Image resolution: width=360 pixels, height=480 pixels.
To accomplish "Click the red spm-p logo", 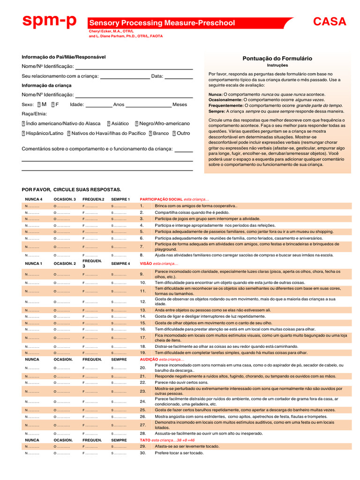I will [49, 21].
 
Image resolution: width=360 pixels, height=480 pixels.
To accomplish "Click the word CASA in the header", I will [330, 22].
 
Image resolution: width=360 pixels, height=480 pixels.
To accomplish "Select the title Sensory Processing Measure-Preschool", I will [162, 23].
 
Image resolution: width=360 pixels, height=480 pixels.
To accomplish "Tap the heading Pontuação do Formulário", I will [277, 59].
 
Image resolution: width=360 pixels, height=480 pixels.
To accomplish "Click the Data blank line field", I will [178, 76].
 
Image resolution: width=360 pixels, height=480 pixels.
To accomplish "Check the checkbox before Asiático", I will [109, 123].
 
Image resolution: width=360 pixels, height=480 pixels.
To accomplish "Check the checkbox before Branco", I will [150, 133].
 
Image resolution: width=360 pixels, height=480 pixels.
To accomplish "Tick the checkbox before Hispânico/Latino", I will [23, 133].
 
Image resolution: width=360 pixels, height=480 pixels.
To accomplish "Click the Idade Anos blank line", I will [98, 105].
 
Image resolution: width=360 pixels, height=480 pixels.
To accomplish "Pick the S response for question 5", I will [119, 232].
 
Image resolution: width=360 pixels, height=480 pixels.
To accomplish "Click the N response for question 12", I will [32, 302].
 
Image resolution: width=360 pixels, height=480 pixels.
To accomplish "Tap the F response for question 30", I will [90, 453].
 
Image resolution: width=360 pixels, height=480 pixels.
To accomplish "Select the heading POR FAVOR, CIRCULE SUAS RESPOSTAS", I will [71, 189].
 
